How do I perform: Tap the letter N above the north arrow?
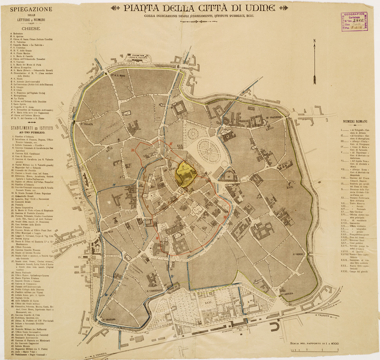[x=314, y=40]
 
